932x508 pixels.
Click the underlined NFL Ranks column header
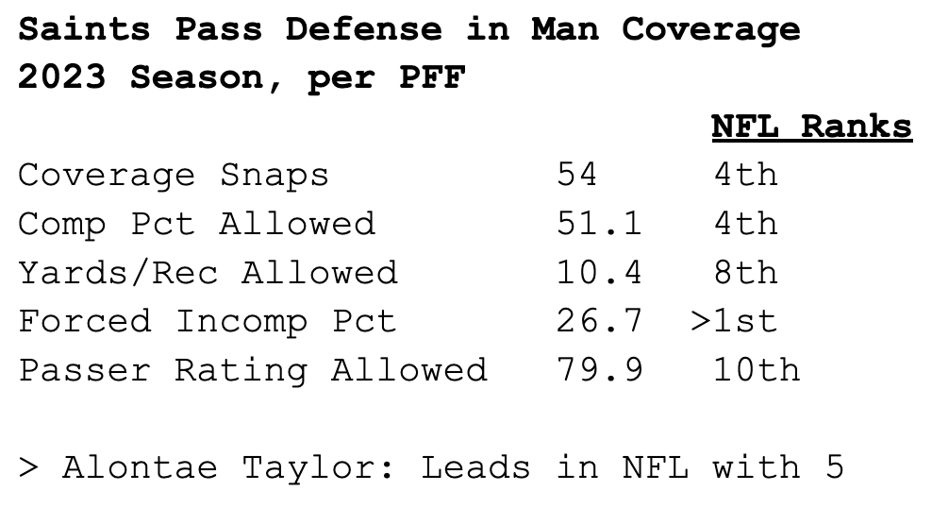pyautogui.click(x=811, y=127)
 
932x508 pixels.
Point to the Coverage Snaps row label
pyautogui.click(x=174, y=175)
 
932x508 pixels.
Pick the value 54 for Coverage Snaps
pyautogui.click(x=577, y=175)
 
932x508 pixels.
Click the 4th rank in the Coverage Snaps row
pyautogui.click(x=745, y=175)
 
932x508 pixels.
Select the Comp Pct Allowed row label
pyautogui.click(x=196, y=224)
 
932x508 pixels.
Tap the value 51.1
pyautogui.click(x=599, y=224)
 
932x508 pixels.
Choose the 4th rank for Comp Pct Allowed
pyautogui.click(x=745, y=224)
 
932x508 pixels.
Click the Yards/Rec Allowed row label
pyautogui.click(x=208, y=273)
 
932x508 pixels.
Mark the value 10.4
pyautogui.click(x=599, y=273)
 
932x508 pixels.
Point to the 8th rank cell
pyautogui.click(x=745, y=273)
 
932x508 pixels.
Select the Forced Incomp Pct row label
pyautogui.click(x=208, y=321)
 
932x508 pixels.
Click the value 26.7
pyautogui.click(x=599, y=321)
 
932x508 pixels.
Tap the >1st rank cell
pyautogui.click(x=734, y=321)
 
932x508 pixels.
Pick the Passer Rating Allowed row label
pyautogui.click(x=253, y=369)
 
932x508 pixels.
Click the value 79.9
pyautogui.click(x=599, y=369)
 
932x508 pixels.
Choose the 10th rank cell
pyautogui.click(x=757, y=369)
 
